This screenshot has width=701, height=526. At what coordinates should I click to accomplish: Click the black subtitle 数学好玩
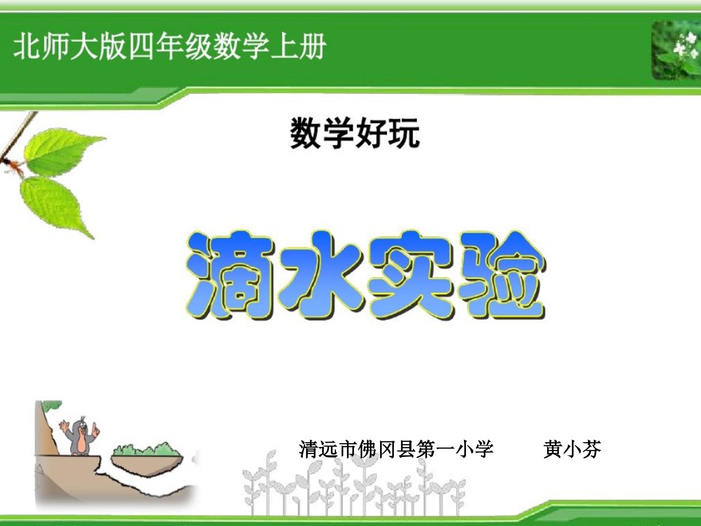point(355,133)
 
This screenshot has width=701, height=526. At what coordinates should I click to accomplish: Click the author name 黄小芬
point(572,450)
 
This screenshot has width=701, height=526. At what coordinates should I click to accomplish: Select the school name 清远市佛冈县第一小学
point(396,450)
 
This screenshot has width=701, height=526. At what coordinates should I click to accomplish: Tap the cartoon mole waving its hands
point(80,435)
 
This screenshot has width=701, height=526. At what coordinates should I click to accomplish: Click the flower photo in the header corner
point(676,51)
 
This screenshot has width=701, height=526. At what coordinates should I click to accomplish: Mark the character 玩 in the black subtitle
point(404,133)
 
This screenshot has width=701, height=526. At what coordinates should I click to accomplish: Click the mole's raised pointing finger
point(95,427)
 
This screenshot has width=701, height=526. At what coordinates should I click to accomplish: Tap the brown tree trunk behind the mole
point(46,428)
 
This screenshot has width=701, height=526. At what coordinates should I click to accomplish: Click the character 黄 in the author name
point(553,450)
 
